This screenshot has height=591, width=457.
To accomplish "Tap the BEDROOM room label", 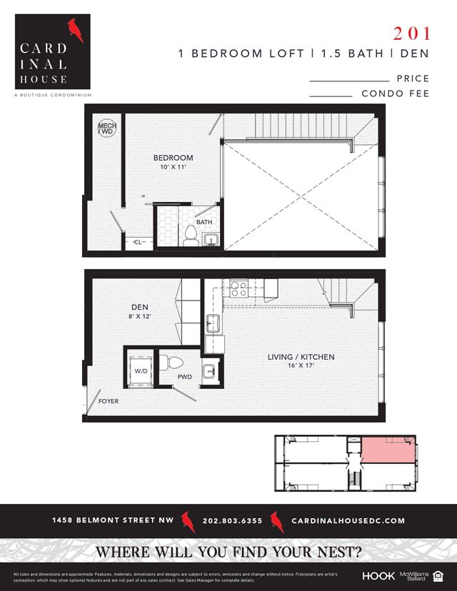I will point(174,158).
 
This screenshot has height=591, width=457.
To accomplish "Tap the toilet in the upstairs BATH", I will point(190,236).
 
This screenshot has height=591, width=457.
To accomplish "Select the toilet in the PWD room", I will point(165,363).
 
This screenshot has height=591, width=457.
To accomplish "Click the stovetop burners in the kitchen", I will point(238,288).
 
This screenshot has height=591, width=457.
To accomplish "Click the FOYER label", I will point(109,401).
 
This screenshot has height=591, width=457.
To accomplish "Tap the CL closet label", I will point(138,243).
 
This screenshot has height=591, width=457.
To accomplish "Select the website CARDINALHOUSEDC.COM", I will point(348,521).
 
